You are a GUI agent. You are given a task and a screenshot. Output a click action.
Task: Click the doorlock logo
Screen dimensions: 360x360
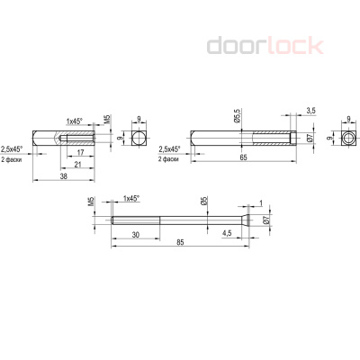point(261,46)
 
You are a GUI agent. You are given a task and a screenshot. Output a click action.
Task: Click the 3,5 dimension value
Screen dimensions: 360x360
point(310,110)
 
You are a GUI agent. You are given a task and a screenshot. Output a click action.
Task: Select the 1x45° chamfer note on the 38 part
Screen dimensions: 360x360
point(76,120)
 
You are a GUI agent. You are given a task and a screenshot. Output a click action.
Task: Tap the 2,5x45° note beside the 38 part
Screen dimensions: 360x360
point(13,149)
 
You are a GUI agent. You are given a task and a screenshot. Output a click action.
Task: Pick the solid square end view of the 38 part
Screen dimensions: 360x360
point(138,139)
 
